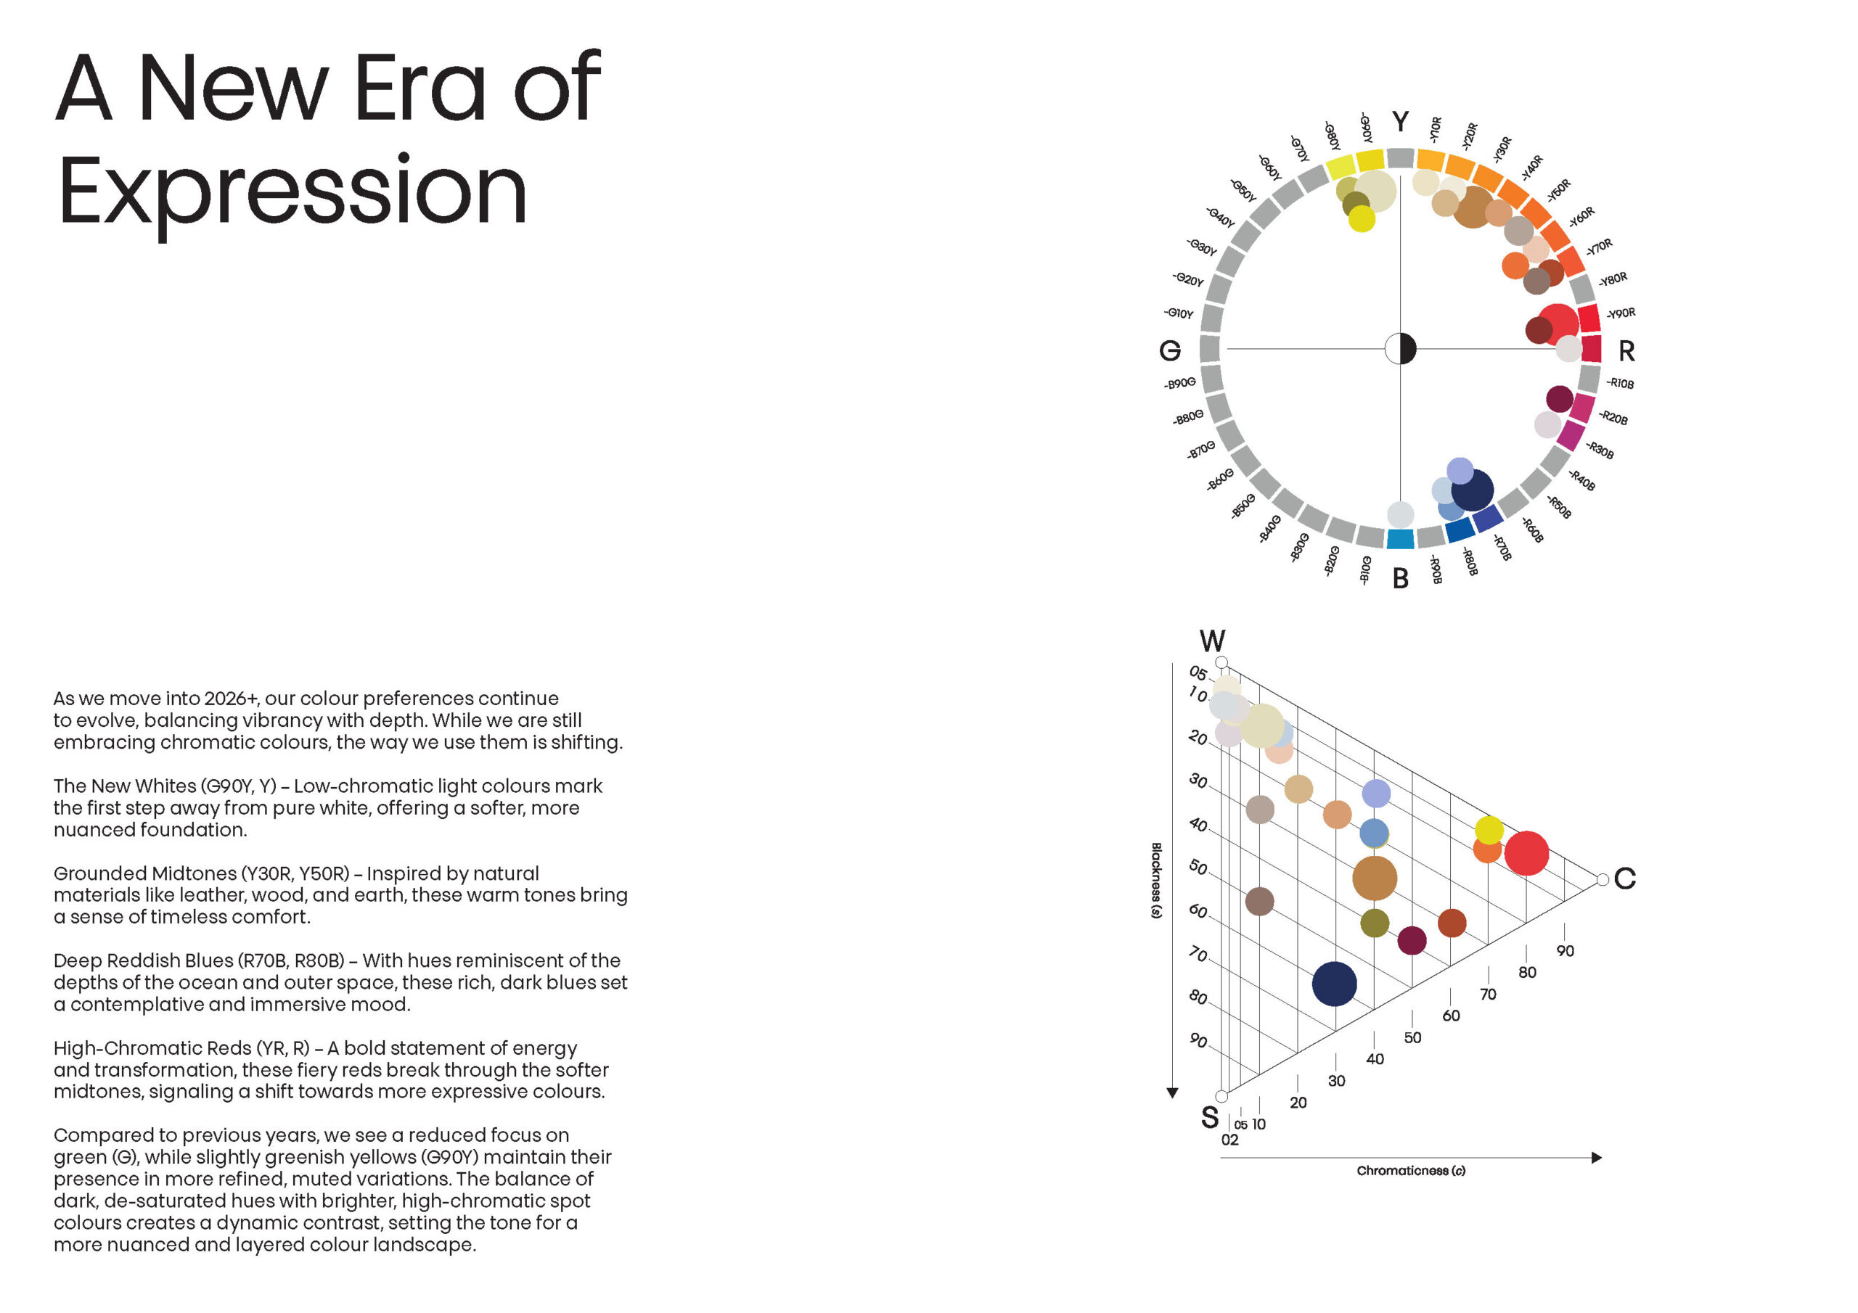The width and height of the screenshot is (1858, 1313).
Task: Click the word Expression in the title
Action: click(x=293, y=192)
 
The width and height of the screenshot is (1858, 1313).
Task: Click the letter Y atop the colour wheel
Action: click(x=1400, y=121)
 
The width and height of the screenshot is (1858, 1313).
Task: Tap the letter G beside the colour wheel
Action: click(x=1169, y=350)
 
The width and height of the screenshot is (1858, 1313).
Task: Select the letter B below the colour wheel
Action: click(x=1400, y=578)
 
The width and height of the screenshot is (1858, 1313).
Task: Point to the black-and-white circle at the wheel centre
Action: click(x=1400, y=349)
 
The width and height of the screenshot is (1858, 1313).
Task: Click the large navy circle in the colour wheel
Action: click(x=1472, y=490)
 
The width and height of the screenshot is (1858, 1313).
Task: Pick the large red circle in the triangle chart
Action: click(x=1526, y=854)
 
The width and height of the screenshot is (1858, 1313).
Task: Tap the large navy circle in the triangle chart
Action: click(x=1333, y=984)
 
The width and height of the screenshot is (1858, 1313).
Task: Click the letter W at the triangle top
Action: click(x=1211, y=641)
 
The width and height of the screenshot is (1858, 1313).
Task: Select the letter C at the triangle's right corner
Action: click(x=1624, y=878)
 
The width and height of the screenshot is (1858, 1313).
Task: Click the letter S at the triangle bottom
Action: click(x=1210, y=1117)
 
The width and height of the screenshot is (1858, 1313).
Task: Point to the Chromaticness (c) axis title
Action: click(x=1410, y=1171)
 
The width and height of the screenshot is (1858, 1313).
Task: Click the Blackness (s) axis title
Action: click(x=1156, y=880)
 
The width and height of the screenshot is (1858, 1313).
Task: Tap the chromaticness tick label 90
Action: click(x=1565, y=951)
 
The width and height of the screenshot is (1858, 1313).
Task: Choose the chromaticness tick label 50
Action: click(x=1412, y=1038)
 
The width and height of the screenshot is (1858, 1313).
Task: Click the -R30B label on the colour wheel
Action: click(x=1599, y=450)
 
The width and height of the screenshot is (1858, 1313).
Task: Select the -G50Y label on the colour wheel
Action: click(x=1243, y=191)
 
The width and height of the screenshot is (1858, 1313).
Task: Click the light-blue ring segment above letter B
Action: click(x=1400, y=539)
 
